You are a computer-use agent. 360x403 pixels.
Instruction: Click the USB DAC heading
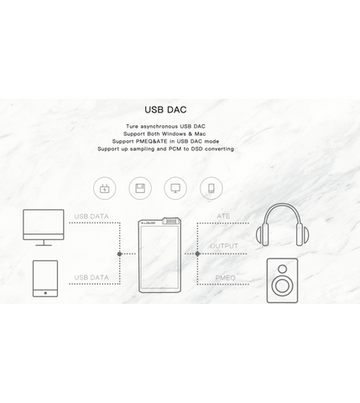pos(165,110)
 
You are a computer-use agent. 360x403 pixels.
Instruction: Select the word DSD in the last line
pos(197,149)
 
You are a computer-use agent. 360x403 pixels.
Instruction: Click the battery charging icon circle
pos(105,188)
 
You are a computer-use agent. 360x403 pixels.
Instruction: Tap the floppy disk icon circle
pos(140,188)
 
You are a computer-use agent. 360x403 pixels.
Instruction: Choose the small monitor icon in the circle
pos(175,188)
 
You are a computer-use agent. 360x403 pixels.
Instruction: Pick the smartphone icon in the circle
pos(211,188)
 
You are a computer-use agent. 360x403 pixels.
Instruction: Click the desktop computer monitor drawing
pos(44,228)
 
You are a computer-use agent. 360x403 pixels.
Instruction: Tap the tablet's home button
pos(45,293)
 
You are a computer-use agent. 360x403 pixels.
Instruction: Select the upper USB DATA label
pos(91,217)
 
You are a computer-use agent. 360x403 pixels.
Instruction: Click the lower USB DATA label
pos(91,277)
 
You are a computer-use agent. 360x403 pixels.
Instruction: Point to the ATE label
pos(223,216)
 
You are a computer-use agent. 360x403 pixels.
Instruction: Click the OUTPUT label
pos(224,246)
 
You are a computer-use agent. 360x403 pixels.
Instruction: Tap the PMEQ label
pos(225,278)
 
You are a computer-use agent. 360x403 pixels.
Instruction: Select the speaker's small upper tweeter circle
pos(283,269)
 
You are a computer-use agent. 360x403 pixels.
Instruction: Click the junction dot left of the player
pos(120,254)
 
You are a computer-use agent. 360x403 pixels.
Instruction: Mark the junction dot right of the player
pos(197,254)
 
